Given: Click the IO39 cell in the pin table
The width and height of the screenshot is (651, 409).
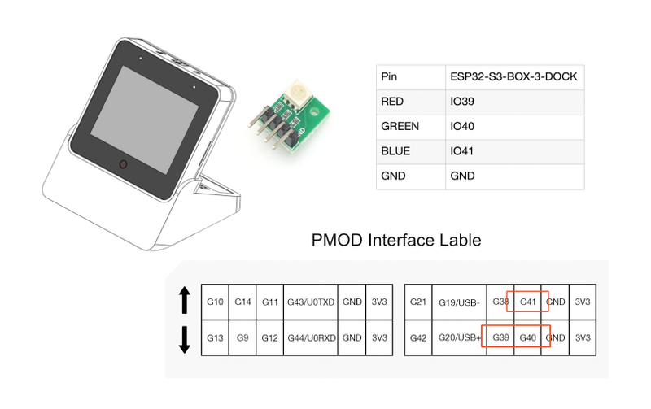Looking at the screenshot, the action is [515, 102].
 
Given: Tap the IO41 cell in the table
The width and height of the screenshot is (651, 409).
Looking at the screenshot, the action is [515, 152].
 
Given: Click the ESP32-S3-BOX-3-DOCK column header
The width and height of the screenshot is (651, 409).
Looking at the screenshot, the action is [515, 77].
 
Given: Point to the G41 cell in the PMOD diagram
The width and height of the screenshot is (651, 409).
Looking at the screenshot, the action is [527, 302].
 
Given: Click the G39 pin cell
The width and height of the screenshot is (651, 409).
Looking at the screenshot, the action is [500, 337].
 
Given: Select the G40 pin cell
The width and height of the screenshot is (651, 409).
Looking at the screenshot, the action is [527, 337].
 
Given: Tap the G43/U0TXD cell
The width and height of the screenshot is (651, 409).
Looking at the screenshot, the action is [311, 302].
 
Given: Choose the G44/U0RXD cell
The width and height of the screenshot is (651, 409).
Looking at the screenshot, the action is [311, 337].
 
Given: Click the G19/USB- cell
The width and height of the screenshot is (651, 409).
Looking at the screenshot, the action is [459, 302].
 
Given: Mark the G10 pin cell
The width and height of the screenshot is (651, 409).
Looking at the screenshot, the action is [215, 302].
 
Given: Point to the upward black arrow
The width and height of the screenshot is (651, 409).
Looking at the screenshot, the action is [185, 300].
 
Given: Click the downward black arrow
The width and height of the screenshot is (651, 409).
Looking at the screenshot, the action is [185, 340].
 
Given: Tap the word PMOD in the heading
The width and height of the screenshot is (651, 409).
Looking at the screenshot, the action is [337, 240].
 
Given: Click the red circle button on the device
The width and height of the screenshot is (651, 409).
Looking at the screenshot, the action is [123, 165].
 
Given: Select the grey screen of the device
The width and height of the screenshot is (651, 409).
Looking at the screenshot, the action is [145, 120].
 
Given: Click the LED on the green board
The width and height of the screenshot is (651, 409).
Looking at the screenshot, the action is [297, 91].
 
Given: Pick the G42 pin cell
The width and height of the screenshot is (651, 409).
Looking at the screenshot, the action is [418, 337].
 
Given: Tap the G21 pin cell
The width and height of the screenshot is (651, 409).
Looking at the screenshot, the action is [418, 302].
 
